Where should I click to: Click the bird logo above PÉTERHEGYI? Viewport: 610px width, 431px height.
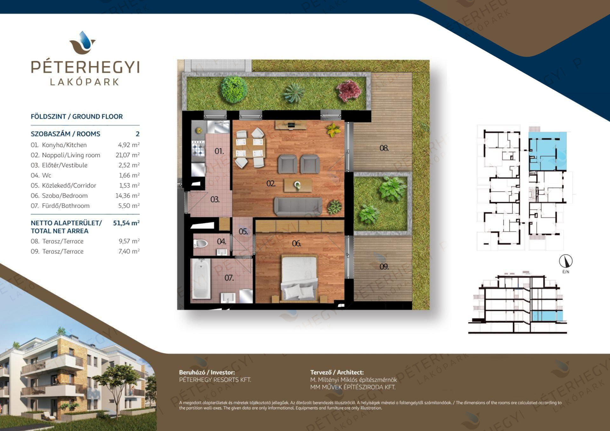(83, 43)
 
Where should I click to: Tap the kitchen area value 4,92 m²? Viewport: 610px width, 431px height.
(129, 145)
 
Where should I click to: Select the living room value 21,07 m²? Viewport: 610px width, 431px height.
(127, 155)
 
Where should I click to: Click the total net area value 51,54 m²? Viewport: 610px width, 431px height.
(126, 223)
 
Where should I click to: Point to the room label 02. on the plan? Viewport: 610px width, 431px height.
(271, 183)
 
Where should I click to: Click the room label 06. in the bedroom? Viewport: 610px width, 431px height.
(296, 243)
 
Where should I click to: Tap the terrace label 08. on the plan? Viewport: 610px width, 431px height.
(384, 148)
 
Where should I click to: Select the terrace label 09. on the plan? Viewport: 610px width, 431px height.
(384, 267)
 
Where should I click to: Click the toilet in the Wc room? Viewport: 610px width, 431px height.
(200, 244)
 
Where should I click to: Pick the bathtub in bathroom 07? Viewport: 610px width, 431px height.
(201, 279)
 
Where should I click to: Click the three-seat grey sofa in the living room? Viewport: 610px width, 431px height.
(298, 205)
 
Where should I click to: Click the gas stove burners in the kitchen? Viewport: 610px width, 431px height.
(198, 149)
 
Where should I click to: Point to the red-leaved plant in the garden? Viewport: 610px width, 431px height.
(349, 90)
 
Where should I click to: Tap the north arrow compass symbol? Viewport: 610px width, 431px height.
(566, 261)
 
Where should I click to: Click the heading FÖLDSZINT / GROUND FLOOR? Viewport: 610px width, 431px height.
(77, 116)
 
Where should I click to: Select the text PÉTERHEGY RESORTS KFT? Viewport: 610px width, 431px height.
(215, 380)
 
